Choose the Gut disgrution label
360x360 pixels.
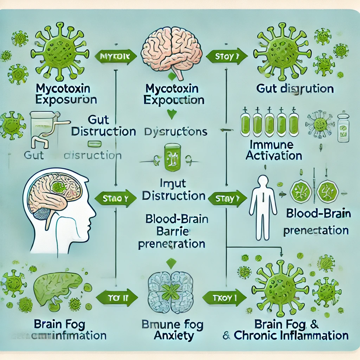pos(295,89)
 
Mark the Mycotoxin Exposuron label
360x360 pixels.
pos(66,93)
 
